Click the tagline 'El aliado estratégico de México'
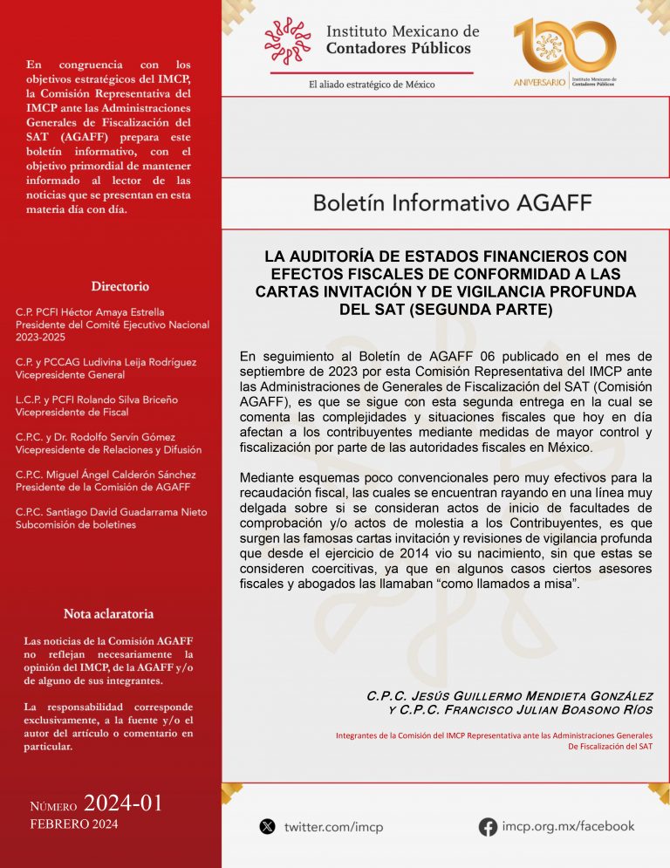tap(372, 85)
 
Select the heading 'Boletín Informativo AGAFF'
tap(452, 204)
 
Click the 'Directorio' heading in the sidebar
tap(120, 286)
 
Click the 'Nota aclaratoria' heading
tap(109, 613)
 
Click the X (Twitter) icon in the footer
tap(268, 826)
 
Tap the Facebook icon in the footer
tap(488, 826)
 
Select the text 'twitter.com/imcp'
tap(333, 827)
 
